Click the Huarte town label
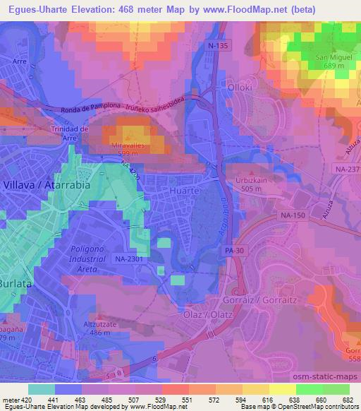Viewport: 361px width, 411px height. [183, 191]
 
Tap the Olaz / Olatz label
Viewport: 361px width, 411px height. [204, 314]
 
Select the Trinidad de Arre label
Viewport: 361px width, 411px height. [68, 133]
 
